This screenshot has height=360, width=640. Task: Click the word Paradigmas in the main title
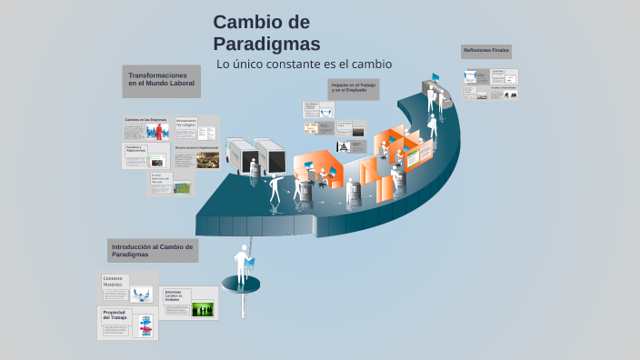[266, 43]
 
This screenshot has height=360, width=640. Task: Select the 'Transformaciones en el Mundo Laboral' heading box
[161, 80]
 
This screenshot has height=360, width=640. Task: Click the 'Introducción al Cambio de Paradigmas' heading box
[152, 250]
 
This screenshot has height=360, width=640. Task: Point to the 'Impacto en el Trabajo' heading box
[354, 88]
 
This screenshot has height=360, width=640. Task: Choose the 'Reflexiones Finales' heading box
[486, 51]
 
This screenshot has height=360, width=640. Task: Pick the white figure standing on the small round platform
[243, 265]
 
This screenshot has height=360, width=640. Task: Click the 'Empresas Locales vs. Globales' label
[174, 295]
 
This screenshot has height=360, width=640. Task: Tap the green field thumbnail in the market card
[182, 187]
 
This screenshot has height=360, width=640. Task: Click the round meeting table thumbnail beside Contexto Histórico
[141, 294]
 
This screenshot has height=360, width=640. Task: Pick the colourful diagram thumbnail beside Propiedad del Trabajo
[145, 325]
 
